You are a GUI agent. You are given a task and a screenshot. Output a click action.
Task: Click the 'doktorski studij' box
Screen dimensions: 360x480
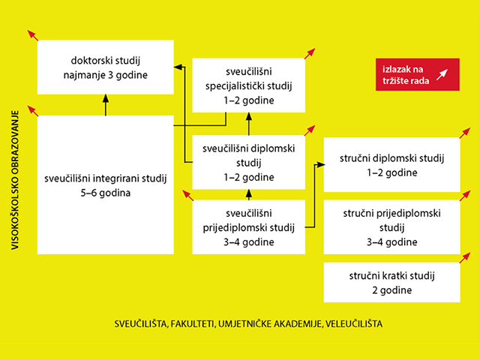click(x=106, y=67)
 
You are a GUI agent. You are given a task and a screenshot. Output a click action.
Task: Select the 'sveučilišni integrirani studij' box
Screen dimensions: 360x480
click(x=106, y=186)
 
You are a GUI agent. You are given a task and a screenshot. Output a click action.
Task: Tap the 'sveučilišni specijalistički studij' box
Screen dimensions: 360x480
click(x=247, y=86)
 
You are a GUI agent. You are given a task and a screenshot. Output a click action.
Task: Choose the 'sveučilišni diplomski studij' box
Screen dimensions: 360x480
click(x=247, y=162)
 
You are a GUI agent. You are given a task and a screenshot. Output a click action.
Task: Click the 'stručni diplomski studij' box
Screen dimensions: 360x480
click(x=391, y=166)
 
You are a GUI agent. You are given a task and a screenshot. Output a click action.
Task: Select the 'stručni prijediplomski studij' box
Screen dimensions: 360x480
click(x=391, y=228)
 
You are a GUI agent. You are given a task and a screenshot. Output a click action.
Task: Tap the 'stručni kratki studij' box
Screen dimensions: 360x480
click(x=391, y=283)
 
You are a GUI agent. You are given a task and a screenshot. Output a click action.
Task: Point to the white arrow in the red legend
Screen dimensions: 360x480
click(x=442, y=75)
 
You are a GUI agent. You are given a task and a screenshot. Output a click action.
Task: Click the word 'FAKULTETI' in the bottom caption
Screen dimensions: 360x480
click(x=193, y=324)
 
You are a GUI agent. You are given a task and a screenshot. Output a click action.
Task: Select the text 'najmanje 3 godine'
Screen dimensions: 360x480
click(x=106, y=76)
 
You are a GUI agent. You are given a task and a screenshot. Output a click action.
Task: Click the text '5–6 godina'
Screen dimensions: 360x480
click(x=106, y=193)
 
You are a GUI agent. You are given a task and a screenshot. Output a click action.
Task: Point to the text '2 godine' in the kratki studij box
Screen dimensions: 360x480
click(x=391, y=290)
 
